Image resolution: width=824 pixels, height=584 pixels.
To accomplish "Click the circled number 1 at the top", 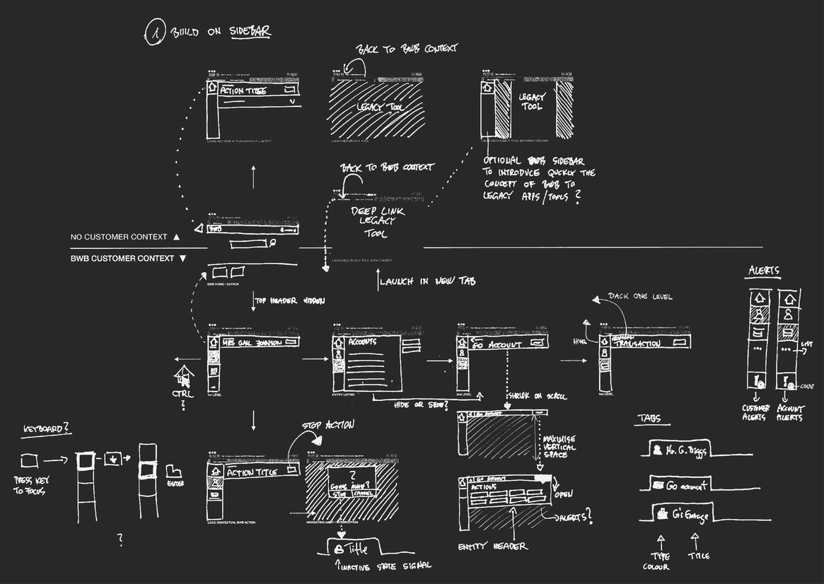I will (154, 34).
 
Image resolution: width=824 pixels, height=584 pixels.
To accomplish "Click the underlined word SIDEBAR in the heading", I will (250, 32).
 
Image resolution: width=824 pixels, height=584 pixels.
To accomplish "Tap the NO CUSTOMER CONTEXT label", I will (119, 237).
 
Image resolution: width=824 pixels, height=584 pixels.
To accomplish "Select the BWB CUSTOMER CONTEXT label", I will (122, 259).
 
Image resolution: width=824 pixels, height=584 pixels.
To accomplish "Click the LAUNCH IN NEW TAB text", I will (427, 281).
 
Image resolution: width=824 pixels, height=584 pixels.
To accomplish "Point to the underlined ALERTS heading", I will (763, 271).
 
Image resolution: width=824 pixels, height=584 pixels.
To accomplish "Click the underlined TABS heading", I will (649, 419).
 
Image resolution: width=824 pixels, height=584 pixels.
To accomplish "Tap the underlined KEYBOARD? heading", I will (47, 428).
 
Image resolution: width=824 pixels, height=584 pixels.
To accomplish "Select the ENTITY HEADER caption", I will (492, 547).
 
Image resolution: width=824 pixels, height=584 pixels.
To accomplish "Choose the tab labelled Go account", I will (679, 485).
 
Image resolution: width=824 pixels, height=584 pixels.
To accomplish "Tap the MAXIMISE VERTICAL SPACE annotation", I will (560, 446).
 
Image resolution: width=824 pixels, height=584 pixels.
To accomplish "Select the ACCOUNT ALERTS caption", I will (791, 412).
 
